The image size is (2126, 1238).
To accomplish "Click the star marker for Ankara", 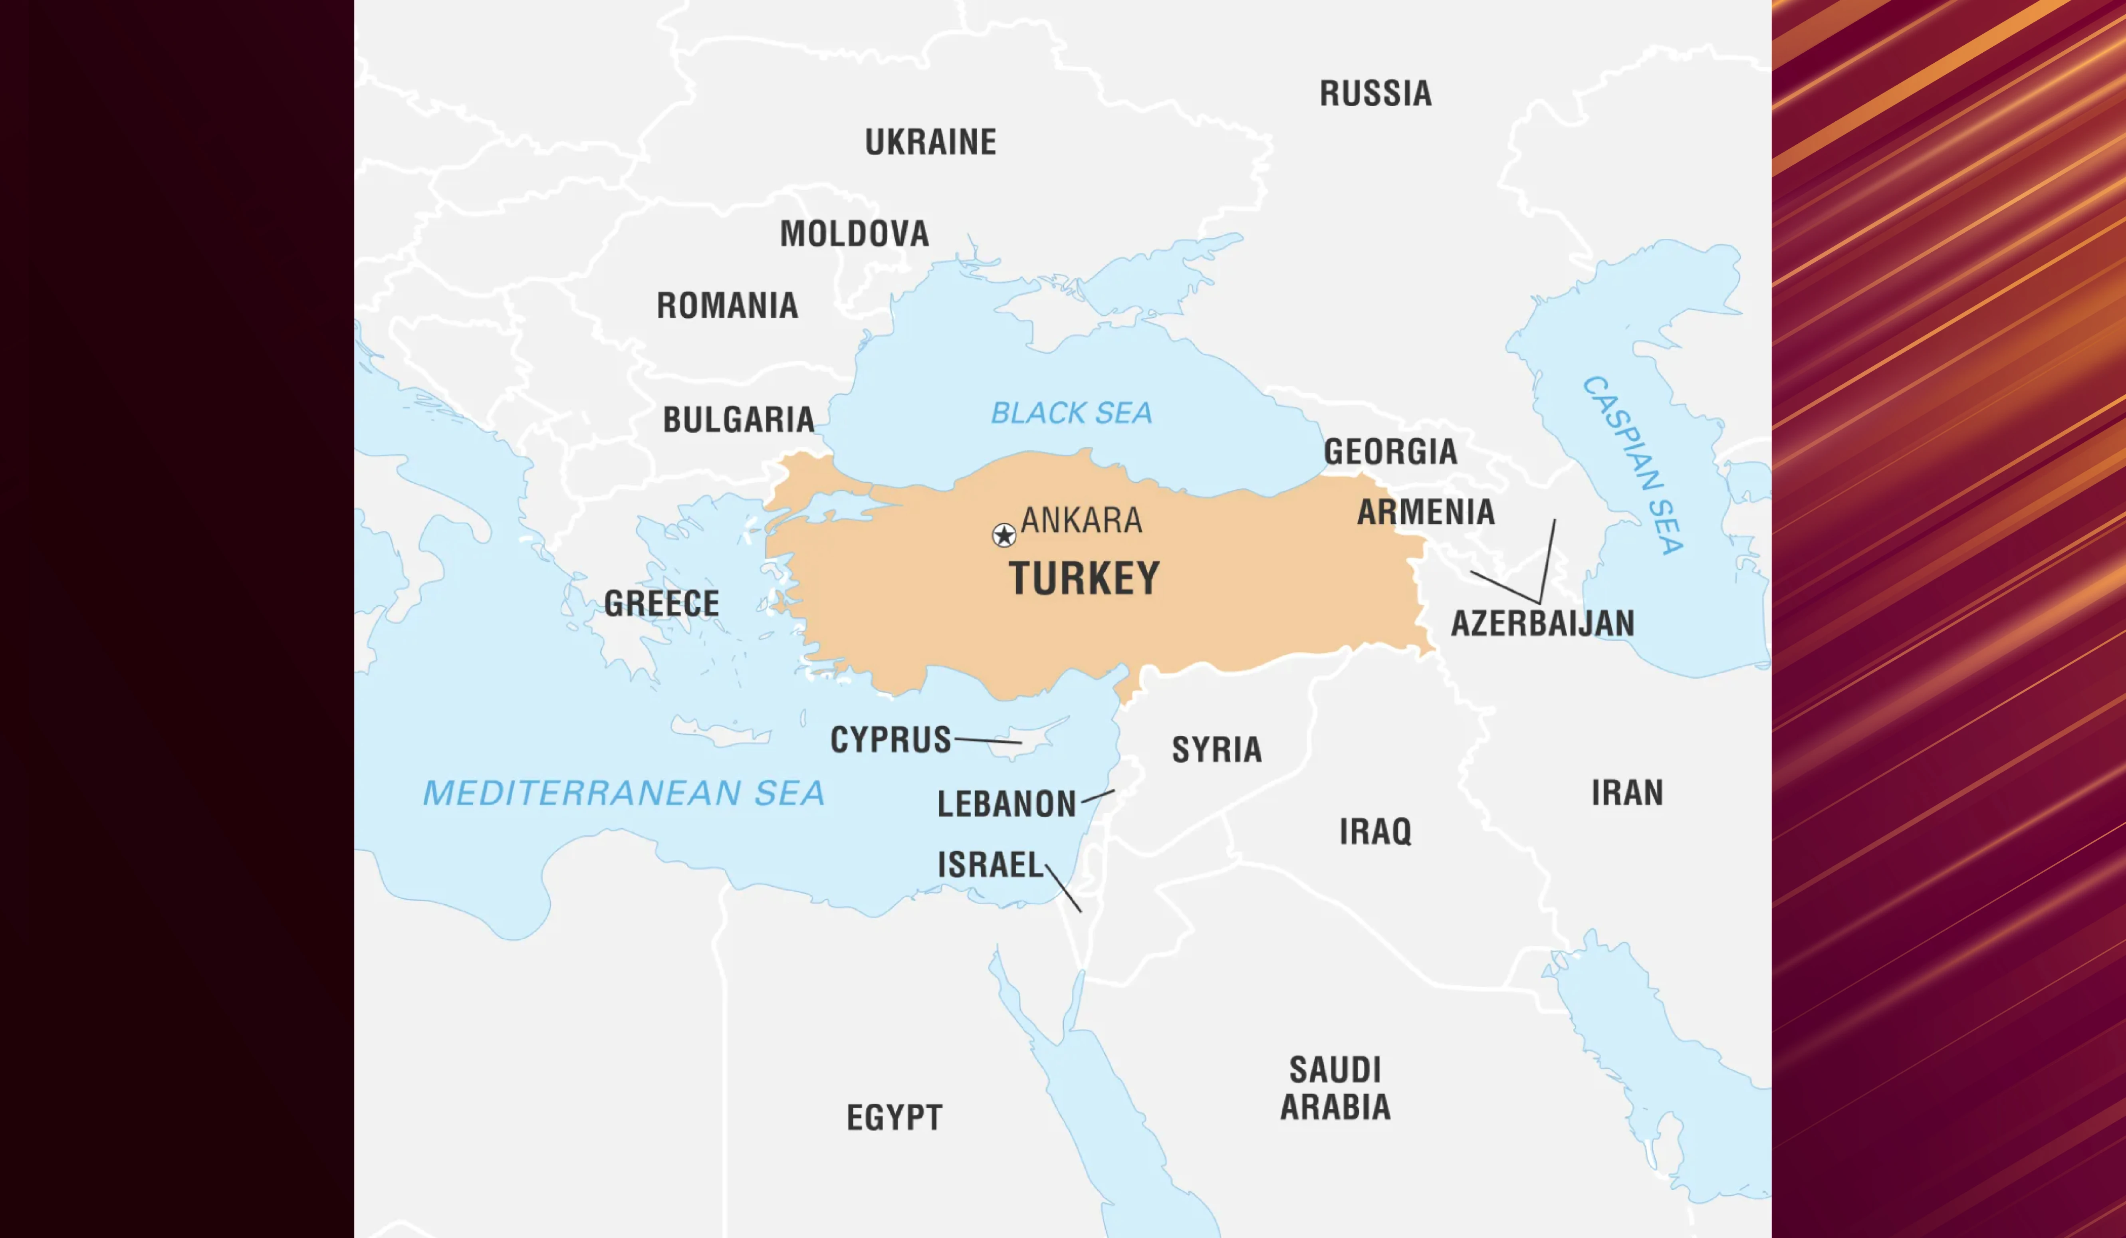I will [x=1004, y=535].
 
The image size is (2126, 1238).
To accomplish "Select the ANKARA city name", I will [x=1081, y=520].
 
